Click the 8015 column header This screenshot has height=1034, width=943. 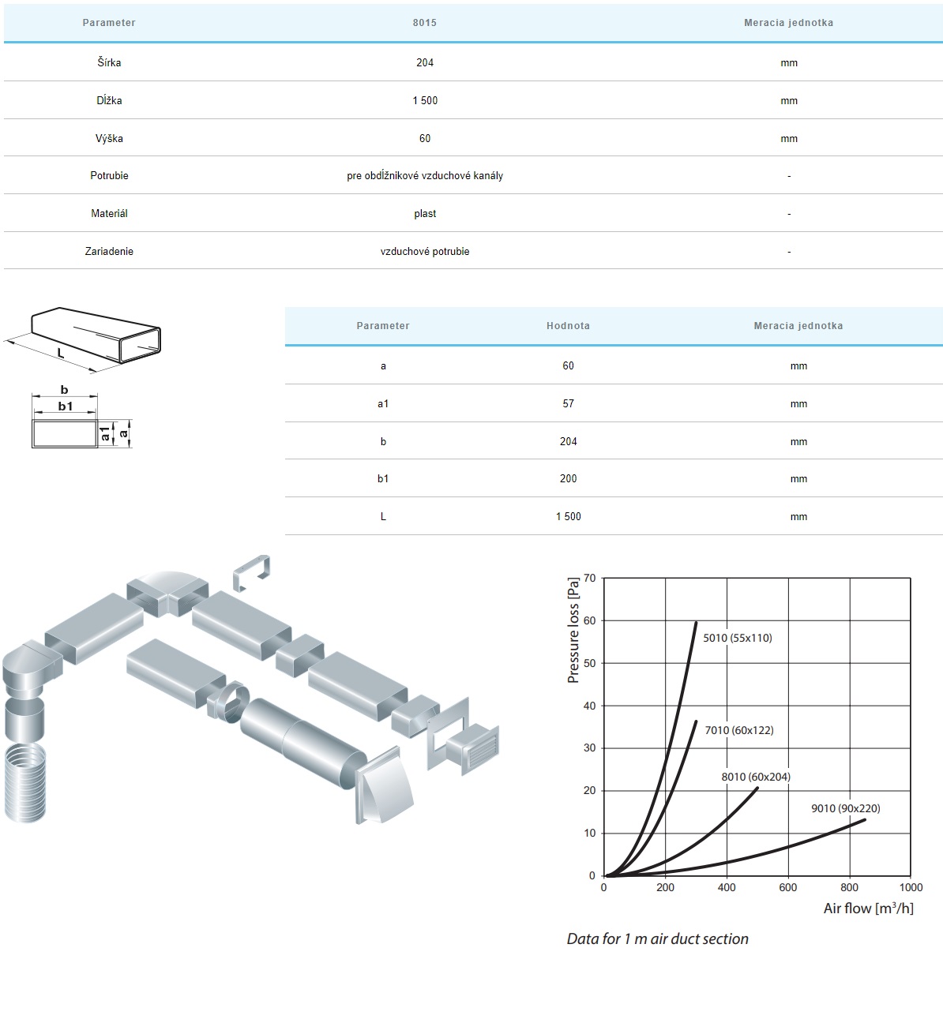[424, 23]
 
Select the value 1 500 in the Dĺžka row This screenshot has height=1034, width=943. [425, 100]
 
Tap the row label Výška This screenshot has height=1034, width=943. [109, 138]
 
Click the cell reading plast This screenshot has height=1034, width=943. [425, 213]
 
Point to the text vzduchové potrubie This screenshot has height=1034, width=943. [425, 252]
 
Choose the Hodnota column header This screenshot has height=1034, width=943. [568, 326]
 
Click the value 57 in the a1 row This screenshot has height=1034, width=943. [568, 403]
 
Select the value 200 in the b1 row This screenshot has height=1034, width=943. [568, 479]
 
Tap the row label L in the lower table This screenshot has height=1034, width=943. [383, 516]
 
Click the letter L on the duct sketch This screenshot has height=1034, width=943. [60, 354]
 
